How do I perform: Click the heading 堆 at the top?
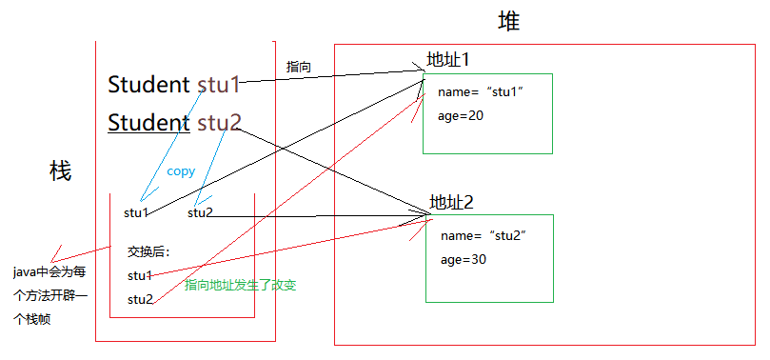tap(509, 21)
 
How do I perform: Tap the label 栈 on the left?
tap(60, 171)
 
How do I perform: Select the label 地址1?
tap(448, 60)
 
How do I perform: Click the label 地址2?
tap(451, 202)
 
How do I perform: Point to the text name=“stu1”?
tap(481, 91)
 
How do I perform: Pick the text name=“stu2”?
tap(484, 235)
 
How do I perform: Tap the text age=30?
tap(464, 259)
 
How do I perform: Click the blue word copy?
tap(181, 172)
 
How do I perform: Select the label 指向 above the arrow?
tap(299, 67)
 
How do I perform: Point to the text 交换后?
tap(148, 252)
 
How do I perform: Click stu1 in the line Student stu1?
tap(219, 85)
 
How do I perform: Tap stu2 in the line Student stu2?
tap(220, 123)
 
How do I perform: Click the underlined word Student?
tap(148, 123)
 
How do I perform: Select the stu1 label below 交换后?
tap(140, 275)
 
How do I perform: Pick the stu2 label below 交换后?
tap(140, 299)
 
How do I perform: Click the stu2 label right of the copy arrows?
tap(200, 212)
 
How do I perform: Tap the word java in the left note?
tap(25, 272)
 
